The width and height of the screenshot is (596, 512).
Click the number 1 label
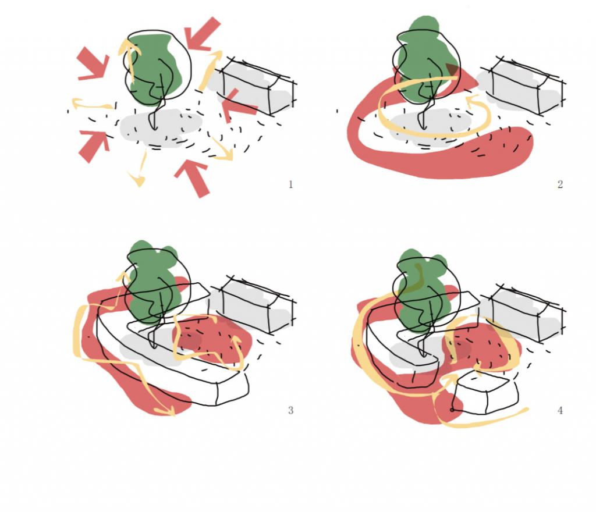click(291, 184)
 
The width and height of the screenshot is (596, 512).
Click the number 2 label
click(560, 184)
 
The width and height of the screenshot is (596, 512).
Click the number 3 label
click(291, 410)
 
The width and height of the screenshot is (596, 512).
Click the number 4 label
click(560, 410)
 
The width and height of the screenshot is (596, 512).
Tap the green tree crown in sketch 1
click(156, 69)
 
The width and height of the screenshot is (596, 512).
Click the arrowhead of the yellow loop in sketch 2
click(471, 100)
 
